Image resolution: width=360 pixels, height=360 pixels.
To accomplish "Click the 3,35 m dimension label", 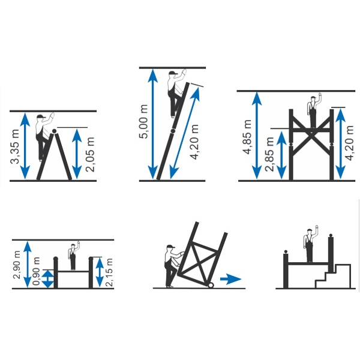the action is click(x=15, y=146).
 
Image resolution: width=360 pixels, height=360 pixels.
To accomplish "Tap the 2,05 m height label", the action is click(x=90, y=154).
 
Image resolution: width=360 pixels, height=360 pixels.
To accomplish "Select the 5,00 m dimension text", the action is click(x=143, y=121).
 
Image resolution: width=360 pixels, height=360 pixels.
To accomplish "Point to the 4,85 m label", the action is click(x=247, y=137).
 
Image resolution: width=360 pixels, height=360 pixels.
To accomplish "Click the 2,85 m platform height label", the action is click(x=269, y=154).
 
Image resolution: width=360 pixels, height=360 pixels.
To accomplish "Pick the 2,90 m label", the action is click(x=17, y=265).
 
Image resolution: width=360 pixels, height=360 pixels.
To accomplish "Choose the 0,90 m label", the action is click(x=36, y=271).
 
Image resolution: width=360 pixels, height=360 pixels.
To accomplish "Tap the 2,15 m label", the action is click(x=109, y=272).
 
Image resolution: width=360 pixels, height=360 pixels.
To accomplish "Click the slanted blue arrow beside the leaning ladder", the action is click(x=185, y=133).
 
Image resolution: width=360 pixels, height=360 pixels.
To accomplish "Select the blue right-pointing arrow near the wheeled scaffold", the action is click(x=231, y=279).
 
